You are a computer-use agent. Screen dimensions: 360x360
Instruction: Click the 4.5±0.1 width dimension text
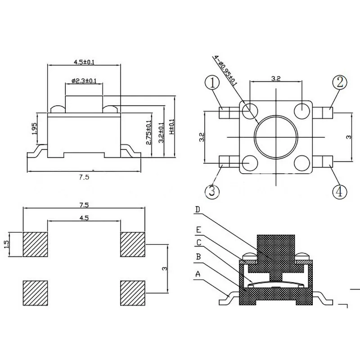pos(84,62)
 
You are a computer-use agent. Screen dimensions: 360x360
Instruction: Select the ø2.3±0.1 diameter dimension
pos(84,81)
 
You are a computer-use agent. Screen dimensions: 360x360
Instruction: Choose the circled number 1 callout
pos(212,83)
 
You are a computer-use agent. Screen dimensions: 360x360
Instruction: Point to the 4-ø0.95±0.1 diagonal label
pos(225,71)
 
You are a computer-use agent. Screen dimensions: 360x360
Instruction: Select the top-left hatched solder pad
pos(35,244)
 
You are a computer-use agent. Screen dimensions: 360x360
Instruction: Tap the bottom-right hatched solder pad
pos(133,293)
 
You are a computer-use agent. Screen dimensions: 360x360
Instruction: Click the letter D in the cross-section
pos(198,210)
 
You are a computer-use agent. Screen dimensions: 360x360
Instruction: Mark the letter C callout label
pos(198,243)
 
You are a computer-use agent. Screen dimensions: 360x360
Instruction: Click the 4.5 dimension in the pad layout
pos(84,218)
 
